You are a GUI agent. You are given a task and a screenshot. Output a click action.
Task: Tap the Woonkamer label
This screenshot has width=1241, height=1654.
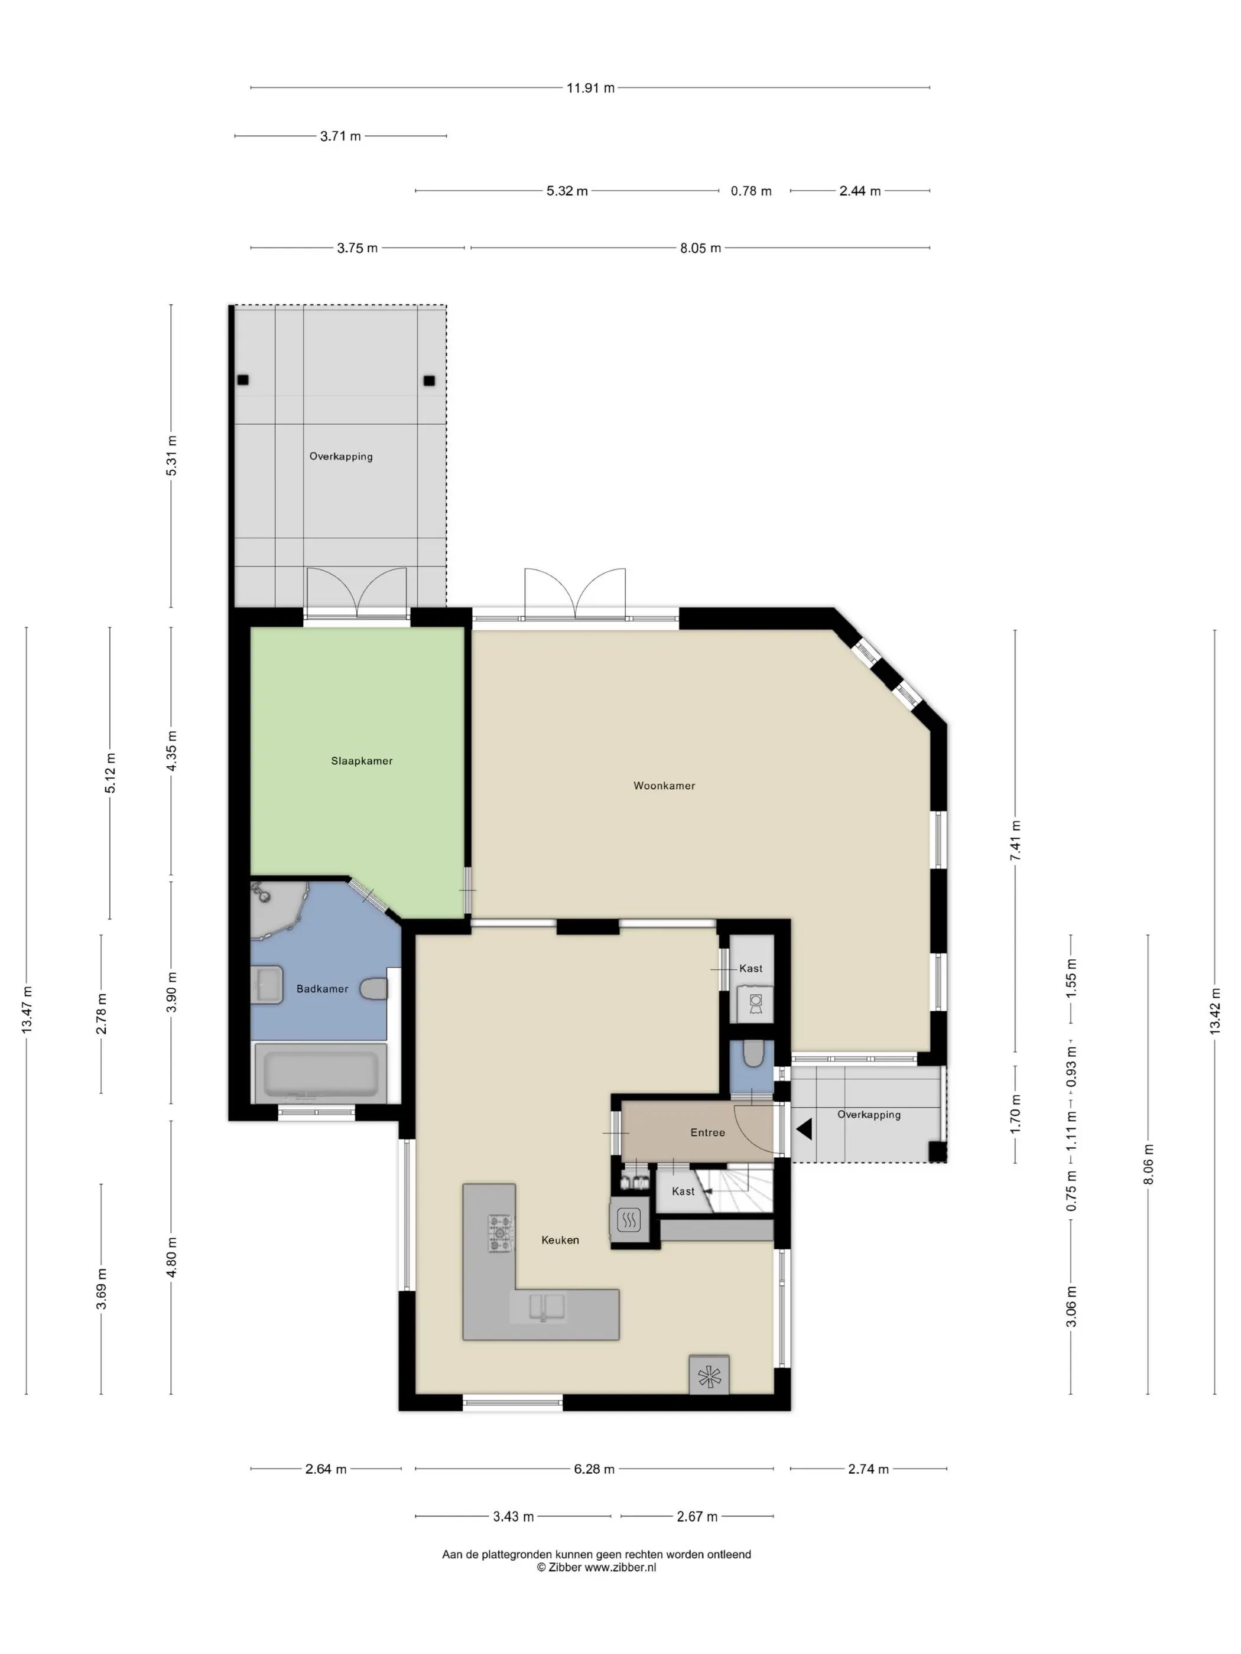664,786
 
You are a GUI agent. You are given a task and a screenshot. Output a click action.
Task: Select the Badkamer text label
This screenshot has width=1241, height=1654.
323,988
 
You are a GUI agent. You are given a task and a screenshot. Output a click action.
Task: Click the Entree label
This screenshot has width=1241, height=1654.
707,1132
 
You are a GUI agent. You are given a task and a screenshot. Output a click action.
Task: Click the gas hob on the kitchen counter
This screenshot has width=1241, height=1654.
501,1233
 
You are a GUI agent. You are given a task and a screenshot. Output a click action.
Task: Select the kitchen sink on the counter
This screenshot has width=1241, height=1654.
547,1306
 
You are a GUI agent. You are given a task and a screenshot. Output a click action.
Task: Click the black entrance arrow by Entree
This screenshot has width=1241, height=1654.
804,1129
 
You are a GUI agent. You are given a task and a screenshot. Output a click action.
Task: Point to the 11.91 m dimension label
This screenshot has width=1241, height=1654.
590,88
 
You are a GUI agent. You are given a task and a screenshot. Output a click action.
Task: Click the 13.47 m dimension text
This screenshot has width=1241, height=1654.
27,1010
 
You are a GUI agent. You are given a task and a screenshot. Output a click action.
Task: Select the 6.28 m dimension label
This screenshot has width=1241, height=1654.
594,1469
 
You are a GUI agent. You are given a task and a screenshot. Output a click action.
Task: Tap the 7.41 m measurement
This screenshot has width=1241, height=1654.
1015,841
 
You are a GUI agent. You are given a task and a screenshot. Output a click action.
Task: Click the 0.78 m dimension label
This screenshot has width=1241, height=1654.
751,191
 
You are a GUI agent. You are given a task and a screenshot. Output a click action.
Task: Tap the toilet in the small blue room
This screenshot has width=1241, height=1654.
753,1054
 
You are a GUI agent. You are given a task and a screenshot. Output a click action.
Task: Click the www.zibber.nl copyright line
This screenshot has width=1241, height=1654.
596,1567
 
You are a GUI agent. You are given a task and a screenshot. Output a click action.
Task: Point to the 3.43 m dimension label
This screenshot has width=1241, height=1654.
513,1516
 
